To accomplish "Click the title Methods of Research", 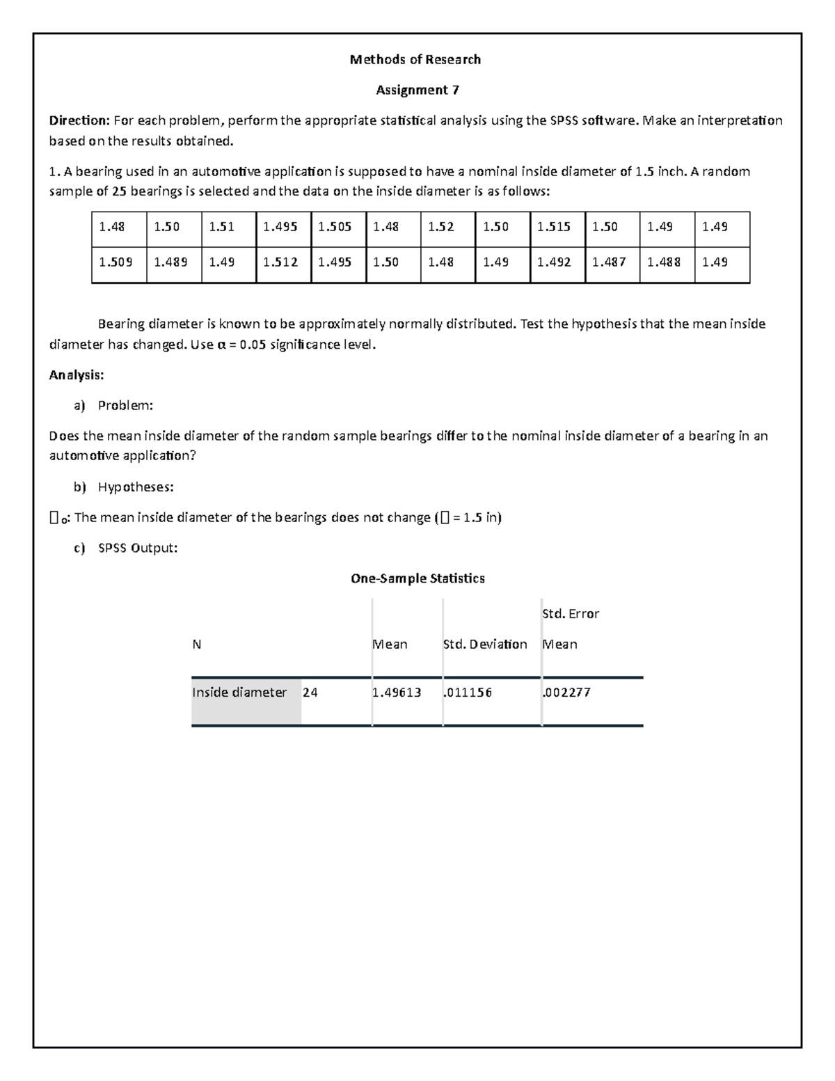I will [x=415, y=60].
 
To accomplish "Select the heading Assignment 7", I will [x=417, y=90].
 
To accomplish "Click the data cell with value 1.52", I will [x=440, y=227].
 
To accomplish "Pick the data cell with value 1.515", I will [x=554, y=227].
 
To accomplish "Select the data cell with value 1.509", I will [x=116, y=262].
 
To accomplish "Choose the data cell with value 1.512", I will [x=280, y=262].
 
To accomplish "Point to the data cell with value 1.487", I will [x=609, y=262].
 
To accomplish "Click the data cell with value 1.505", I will [x=335, y=227].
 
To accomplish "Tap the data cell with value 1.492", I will [x=554, y=262].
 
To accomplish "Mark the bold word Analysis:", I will [x=77, y=375].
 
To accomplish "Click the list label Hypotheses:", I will [x=136, y=487].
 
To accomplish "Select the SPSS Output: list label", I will [x=138, y=549].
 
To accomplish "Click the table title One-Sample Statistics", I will [x=417, y=578].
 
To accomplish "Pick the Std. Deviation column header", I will [x=485, y=645].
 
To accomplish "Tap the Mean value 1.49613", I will [x=397, y=693].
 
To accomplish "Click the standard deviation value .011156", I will [x=468, y=693].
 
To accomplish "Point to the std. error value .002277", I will [x=566, y=693].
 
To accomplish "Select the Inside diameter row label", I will [x=239, y=693].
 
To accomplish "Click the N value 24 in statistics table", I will [x=310, y=693].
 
